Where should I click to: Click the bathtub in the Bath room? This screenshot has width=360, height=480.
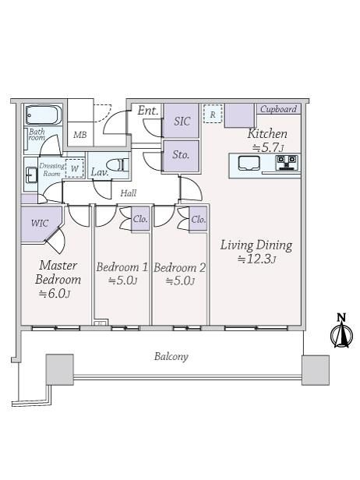pyautogui.click(x=43, y=115)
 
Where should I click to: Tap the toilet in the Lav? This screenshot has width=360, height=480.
pyautogui.click(x=117, y=165)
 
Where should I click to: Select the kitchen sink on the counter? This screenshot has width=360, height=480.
pyautogui.click(x=249, y=163)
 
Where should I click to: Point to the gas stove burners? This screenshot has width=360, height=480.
pyautogui.click(x=287, y=162)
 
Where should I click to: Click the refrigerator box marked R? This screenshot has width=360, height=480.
pyautogui.click(x=213, y=114)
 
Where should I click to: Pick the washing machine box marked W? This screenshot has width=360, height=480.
pyautogui.click(x=74, y=168)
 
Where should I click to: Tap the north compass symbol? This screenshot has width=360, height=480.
pyautogui.click(x=341, y=331)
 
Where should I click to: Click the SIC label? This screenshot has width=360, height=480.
pyautogui.click(x=182, y=121)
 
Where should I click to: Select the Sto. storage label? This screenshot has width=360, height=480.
pyautogui.click(x=181, y=154)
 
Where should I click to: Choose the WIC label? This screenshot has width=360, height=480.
pyautogui.click(x=40, y=223)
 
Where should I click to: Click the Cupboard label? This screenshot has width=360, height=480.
pyautogui.click(x=279, y=109)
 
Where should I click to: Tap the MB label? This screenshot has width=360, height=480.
pyautogui.click(x=80, y=135)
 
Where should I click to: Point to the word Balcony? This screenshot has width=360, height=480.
pyautogui.click(x=171, y=357)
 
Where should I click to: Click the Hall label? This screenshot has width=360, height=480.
pyautogui.click(x=129, y=193)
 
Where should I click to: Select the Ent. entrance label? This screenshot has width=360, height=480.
pyautogui.click(x=148, y=111)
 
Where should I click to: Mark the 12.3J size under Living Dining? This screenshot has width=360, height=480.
pyautogui.click(x=257, y=259)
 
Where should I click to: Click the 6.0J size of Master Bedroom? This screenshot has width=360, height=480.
pyautogui.click(x=55, y=294)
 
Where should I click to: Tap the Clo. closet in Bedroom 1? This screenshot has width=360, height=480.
pyautogui.click(x=140, y=219)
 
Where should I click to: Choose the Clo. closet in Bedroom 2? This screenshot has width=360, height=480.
pyautogui.click(x=199, y=219)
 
